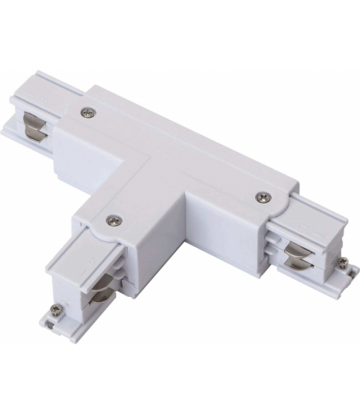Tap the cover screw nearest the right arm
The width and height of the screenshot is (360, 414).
pos(263,196)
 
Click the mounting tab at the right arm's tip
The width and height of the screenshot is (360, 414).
pos(346,270)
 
